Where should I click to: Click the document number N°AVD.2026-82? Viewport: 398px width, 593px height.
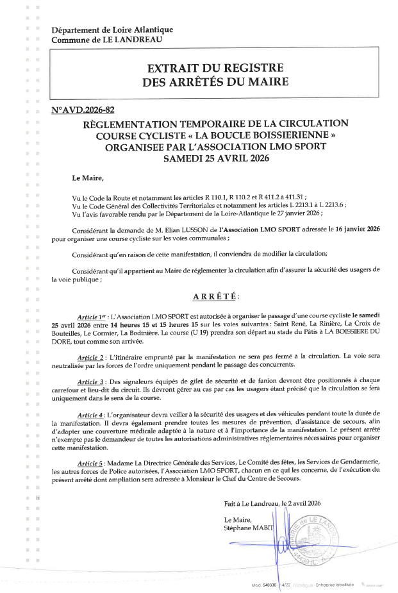pos(83,110)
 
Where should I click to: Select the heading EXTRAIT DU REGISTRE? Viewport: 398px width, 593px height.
pos(215,69)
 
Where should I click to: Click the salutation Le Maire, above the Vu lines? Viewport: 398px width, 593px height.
pos(87,177)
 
